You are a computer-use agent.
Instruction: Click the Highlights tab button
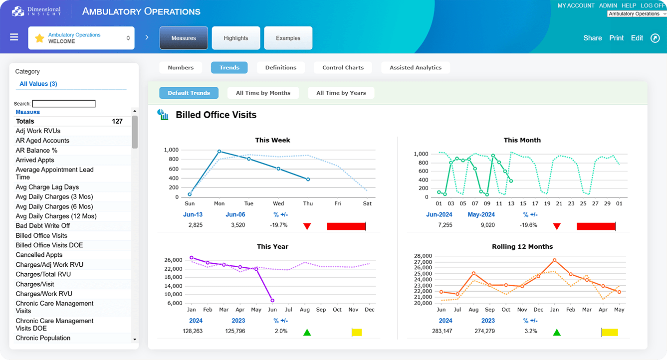click(236, 38)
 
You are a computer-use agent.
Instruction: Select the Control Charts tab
click(343, 68)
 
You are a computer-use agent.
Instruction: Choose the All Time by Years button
click(341, 93)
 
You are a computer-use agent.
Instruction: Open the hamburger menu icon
click(14, 37)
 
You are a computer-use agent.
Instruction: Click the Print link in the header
click(616, 38)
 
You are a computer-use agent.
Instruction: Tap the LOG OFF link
click(653, 5)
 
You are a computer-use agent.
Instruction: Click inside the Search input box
click(64, 104)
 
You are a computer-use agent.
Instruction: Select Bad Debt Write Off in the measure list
click(43, 226)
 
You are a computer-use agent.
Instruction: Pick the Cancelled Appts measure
click(39, 255)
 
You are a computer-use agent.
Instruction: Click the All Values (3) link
click(38, 84)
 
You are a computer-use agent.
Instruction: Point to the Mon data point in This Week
click(219, 151)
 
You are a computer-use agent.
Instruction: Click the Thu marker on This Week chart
click(308, 179)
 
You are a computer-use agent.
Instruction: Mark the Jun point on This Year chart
click(272, 301)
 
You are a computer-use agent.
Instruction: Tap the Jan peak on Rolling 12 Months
click(554, 260)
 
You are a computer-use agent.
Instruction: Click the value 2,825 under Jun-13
click(196, 225)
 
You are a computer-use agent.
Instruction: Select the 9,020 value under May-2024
click(487, 225)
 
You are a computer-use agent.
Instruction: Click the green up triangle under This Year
click(307, 332)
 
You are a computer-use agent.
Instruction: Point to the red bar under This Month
click(596, 226)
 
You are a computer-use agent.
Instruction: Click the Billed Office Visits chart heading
click(216, 115)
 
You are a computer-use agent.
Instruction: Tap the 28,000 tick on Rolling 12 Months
click(422, 256)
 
